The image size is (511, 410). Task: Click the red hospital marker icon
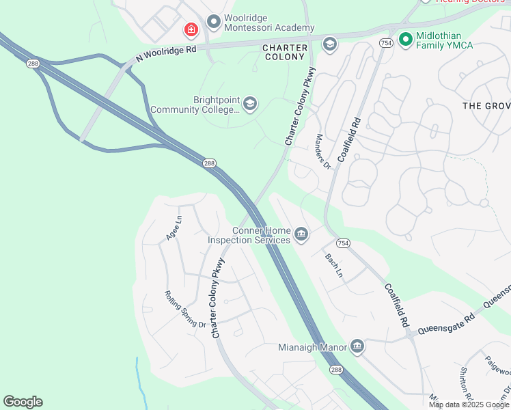pos(191,30)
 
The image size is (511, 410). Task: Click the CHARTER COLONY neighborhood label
pos(283,52)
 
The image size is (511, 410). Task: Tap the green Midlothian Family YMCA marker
pos(405,40)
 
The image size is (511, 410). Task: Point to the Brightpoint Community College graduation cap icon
pos(249,104)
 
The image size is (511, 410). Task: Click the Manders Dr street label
pos(322,151)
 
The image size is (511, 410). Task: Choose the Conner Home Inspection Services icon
pos(301,235)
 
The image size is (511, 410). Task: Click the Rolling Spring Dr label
pos(185,309)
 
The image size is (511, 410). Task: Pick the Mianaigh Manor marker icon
pos(357,346)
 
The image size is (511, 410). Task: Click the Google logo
pos(23,402)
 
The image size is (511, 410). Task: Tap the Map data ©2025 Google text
pos(469,405)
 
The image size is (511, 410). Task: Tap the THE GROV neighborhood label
pos(486,106)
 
